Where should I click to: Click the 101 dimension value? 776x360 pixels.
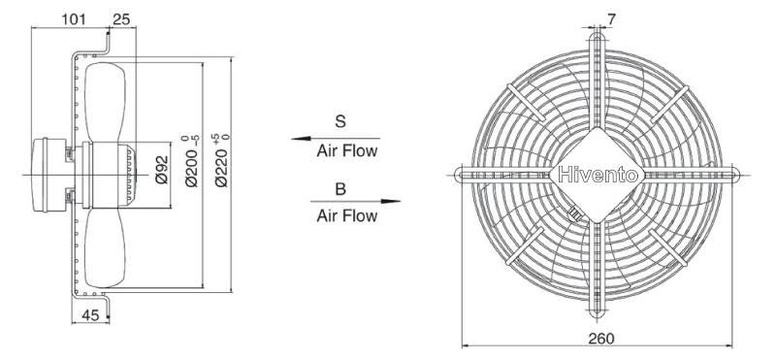click(74, 19)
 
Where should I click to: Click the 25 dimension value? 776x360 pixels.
click(121, 19)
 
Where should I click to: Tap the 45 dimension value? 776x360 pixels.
click(90, 315)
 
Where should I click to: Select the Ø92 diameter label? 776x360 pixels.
click(162, 170)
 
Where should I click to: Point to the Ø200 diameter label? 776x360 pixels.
click(192, 161)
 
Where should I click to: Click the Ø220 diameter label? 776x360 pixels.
click(222, 160)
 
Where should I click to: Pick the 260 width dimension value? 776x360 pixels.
click(600, 339)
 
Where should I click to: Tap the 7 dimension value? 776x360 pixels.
click(612, 19)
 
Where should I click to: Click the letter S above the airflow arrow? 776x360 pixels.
click(340, 121)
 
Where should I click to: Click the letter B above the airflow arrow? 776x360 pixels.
click(340, 189)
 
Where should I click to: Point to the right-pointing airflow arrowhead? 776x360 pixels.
click(391, 202)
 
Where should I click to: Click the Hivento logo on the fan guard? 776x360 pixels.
click(598, 175)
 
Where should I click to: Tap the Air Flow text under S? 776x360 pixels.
click(347, 150)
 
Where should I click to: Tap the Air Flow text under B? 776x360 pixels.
click(347, 215)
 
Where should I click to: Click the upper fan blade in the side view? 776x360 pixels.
click(105, 103)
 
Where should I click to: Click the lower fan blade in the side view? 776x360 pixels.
click(105, 247)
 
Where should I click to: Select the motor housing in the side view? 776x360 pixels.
click(48, 175)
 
